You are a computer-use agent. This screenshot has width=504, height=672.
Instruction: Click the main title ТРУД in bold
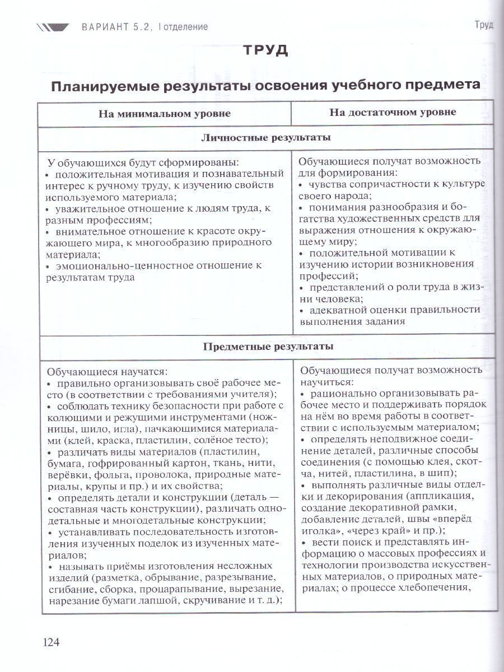pos(265,50)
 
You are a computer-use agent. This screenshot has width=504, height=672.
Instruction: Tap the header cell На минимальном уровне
pos(165,113)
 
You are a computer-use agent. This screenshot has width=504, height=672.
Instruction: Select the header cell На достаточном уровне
pos(393,112)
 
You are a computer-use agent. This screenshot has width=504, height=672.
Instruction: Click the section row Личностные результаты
pos(265,137)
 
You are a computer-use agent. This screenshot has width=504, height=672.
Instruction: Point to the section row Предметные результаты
pos(268,346)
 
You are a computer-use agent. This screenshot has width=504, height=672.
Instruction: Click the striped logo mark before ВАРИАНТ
pos(53,26)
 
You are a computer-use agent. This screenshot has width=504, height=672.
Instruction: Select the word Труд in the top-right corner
pos(483,25)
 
